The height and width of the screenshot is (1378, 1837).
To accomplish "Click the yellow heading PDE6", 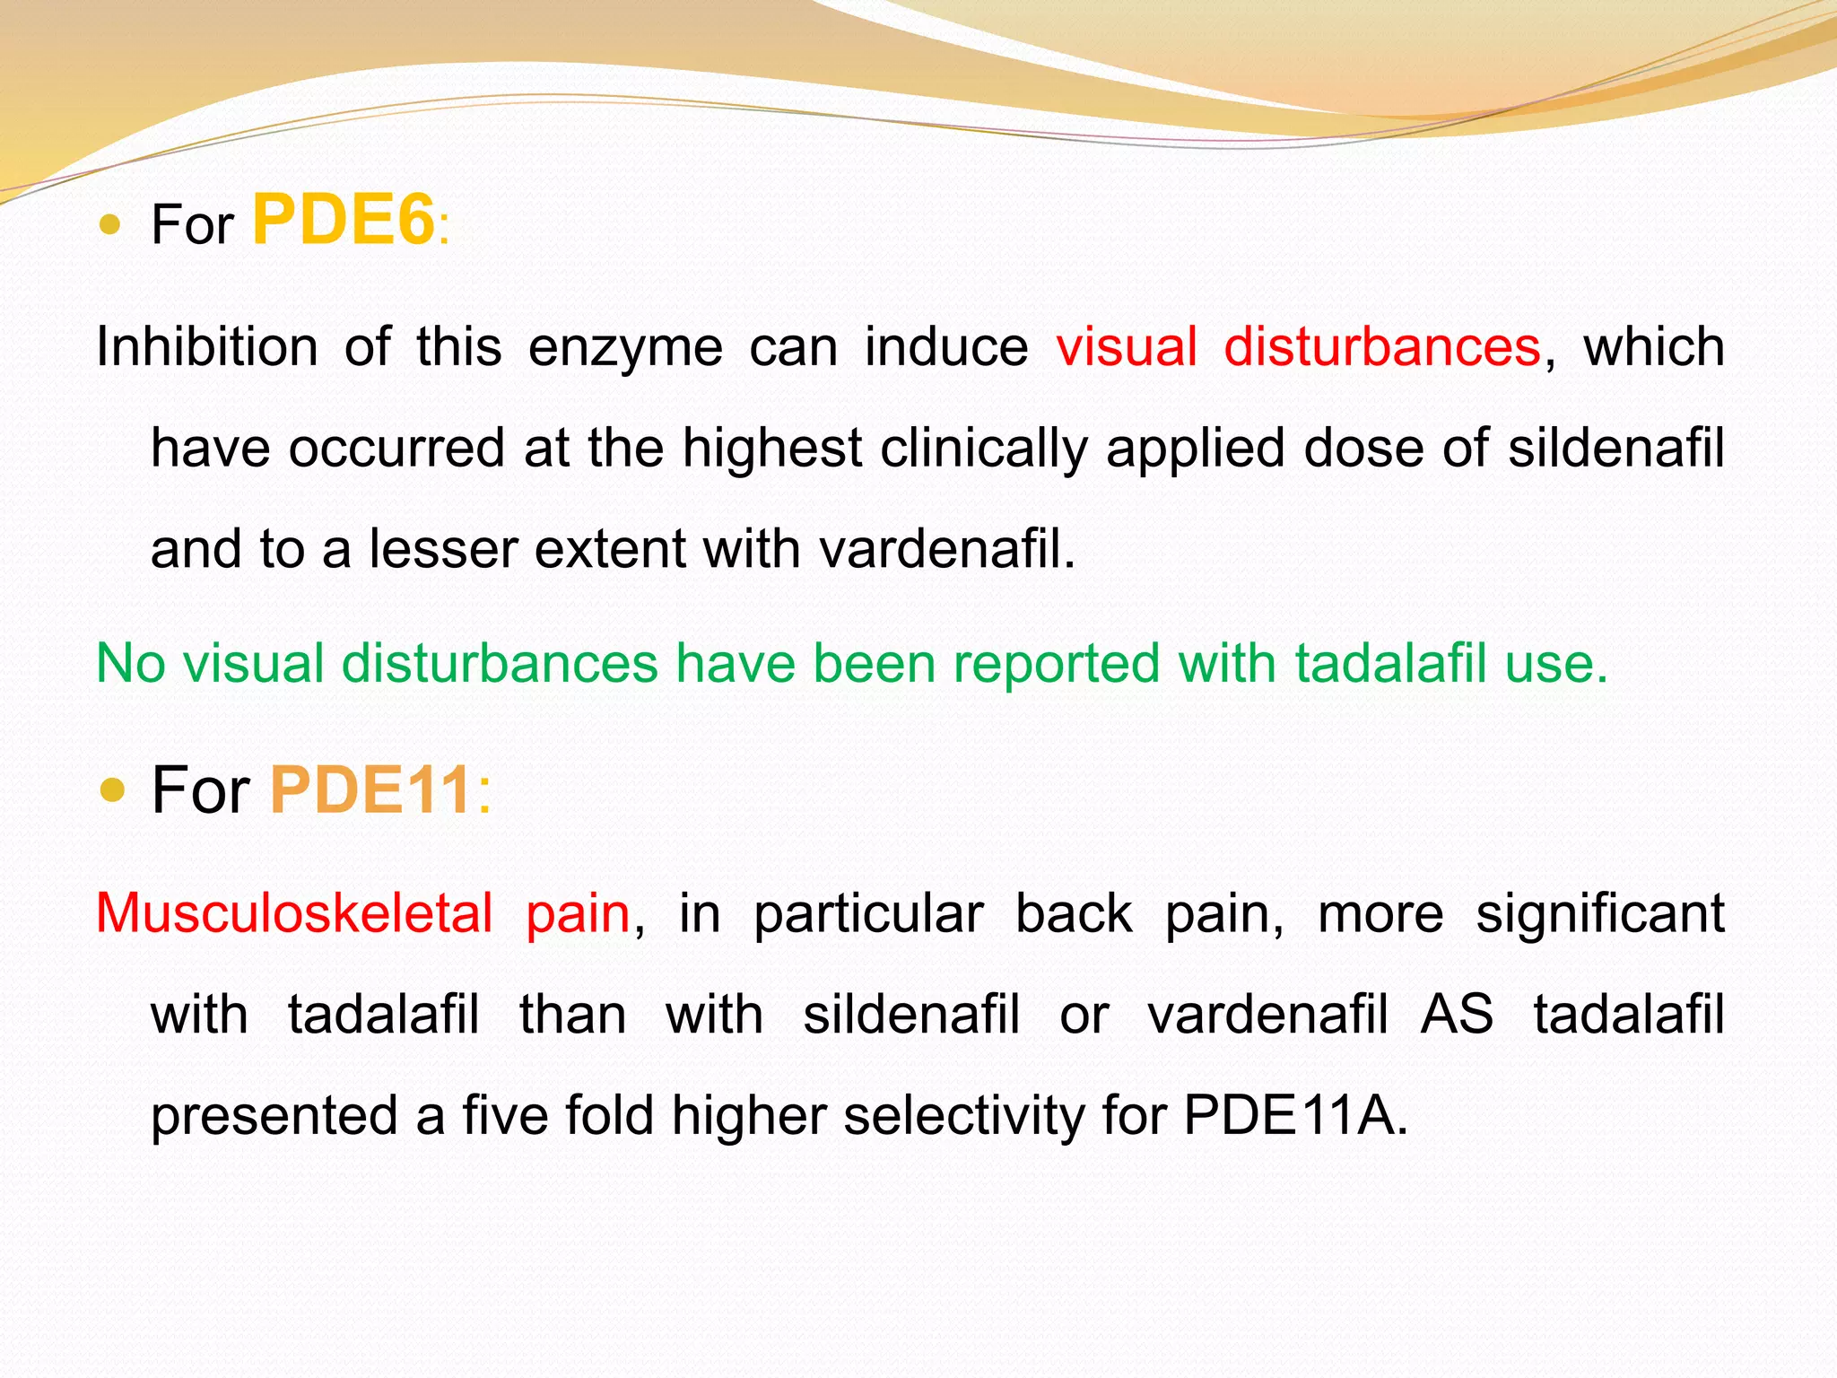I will click(344, 221).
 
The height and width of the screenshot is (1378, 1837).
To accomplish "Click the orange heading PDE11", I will click(370, 790).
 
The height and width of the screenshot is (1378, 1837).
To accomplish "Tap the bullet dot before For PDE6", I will click(109, 224).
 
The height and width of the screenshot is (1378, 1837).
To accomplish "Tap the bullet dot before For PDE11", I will click(113, 790).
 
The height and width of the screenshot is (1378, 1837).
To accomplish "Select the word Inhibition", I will click(206, 347).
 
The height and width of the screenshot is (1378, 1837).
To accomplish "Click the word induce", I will click(946, 347).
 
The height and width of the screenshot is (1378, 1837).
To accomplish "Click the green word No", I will click(130, 664).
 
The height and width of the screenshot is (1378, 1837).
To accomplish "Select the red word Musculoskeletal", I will click(294, 913).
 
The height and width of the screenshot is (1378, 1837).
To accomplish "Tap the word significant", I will click(1600, 913).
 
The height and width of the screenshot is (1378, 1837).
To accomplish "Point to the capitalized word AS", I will click(1458, 1015).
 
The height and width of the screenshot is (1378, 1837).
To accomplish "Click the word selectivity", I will click(964, 1116).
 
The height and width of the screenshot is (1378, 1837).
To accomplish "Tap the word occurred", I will click(396, 448).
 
